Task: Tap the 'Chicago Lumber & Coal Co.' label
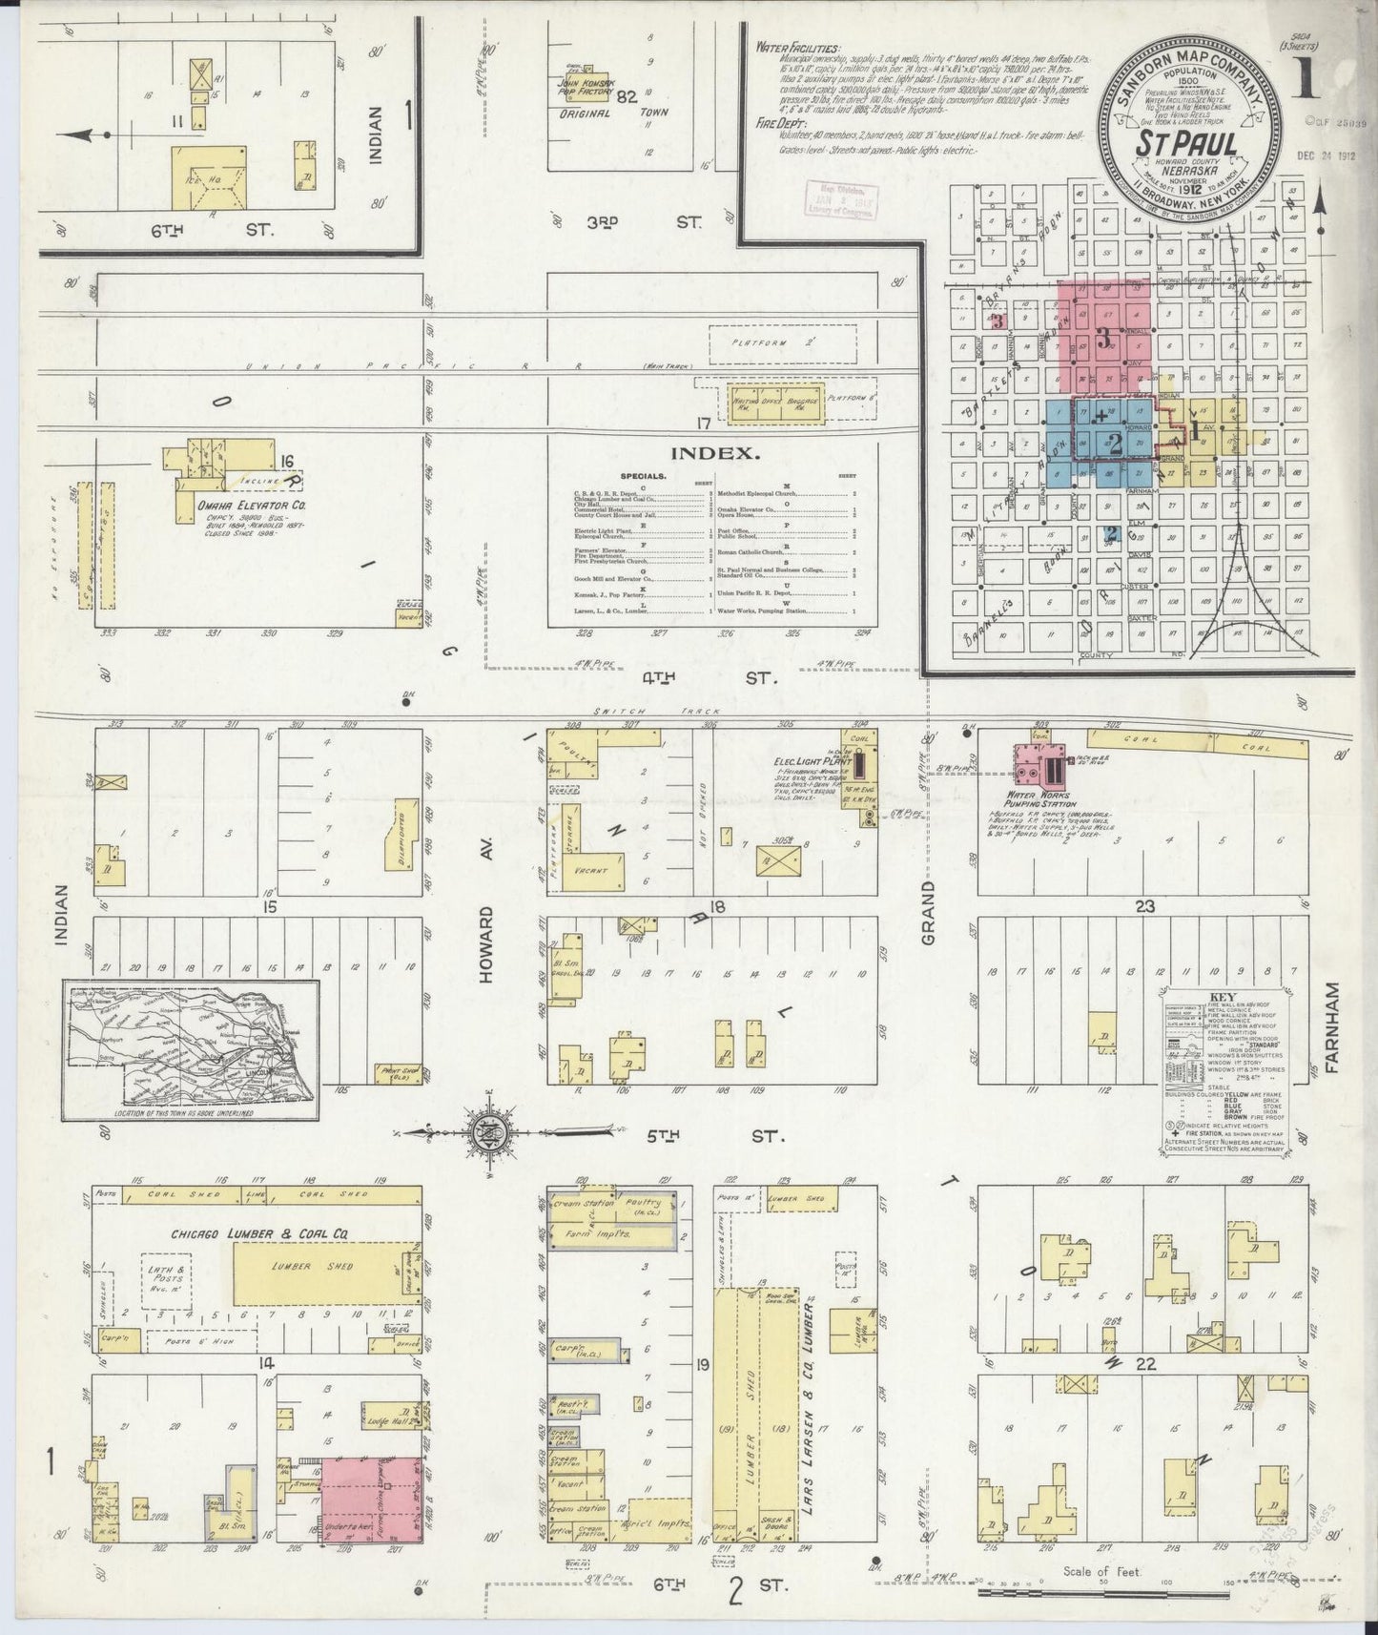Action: point(259,1233)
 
